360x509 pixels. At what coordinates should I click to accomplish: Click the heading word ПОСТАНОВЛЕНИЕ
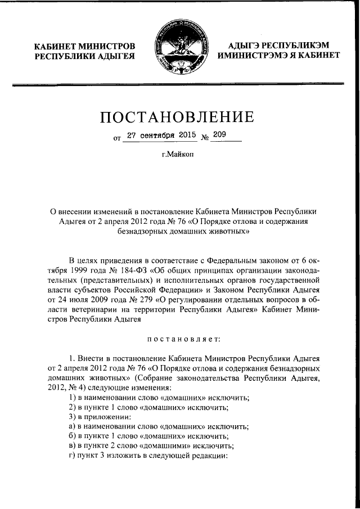coord(179,118)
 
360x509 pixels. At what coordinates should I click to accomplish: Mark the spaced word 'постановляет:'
coord(179,339)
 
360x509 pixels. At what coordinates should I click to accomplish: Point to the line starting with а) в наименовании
coord(158,427)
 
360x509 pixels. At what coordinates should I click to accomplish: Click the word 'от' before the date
coord(117,137)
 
